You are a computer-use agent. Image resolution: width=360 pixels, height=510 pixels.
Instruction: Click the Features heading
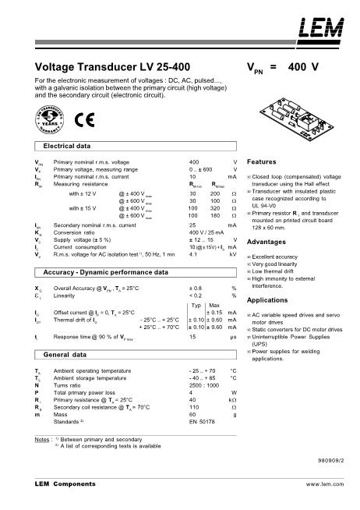pyautogui.click(x=261, y=160)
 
